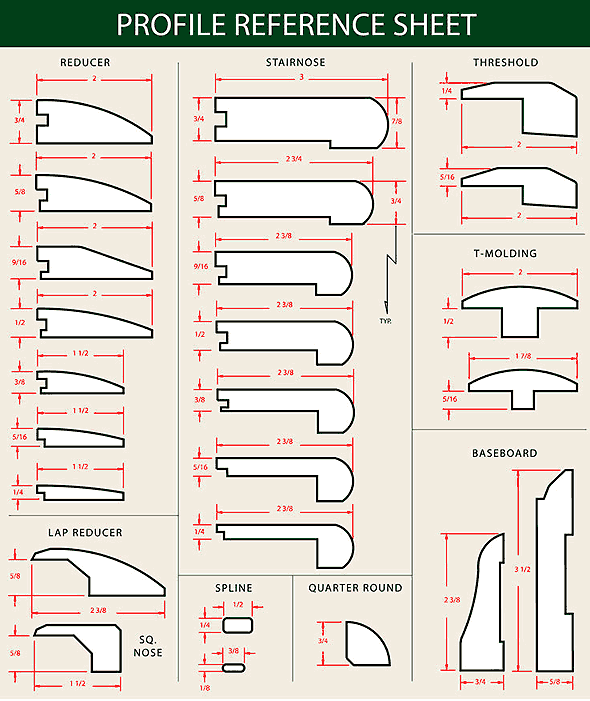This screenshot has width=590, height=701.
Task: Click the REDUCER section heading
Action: pos(85,62)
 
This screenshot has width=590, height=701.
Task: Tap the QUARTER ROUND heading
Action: pos(355,588)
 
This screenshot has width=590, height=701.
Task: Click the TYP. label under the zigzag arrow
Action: pos(385,321)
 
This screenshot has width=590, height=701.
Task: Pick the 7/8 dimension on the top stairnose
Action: pos(396,121)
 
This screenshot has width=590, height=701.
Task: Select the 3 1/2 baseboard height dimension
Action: pos(522,569)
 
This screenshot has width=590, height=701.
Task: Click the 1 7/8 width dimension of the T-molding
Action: pos(523,356)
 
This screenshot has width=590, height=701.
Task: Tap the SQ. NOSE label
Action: pos(148,646)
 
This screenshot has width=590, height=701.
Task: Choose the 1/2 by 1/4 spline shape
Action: pos(238,625)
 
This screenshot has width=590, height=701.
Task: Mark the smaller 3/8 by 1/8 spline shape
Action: pos(233,668)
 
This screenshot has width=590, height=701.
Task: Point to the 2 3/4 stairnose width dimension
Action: pos(294,159)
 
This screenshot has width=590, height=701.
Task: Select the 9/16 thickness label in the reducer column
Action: pos(19,262)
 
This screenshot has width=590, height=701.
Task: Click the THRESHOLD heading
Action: pos(506,62)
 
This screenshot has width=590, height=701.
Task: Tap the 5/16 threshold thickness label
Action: pos(447,177)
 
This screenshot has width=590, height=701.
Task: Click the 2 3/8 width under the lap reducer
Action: pos(98,610)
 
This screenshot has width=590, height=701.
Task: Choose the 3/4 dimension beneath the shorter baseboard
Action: pos(480,682)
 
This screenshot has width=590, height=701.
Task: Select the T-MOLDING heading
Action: pos(505,253)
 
